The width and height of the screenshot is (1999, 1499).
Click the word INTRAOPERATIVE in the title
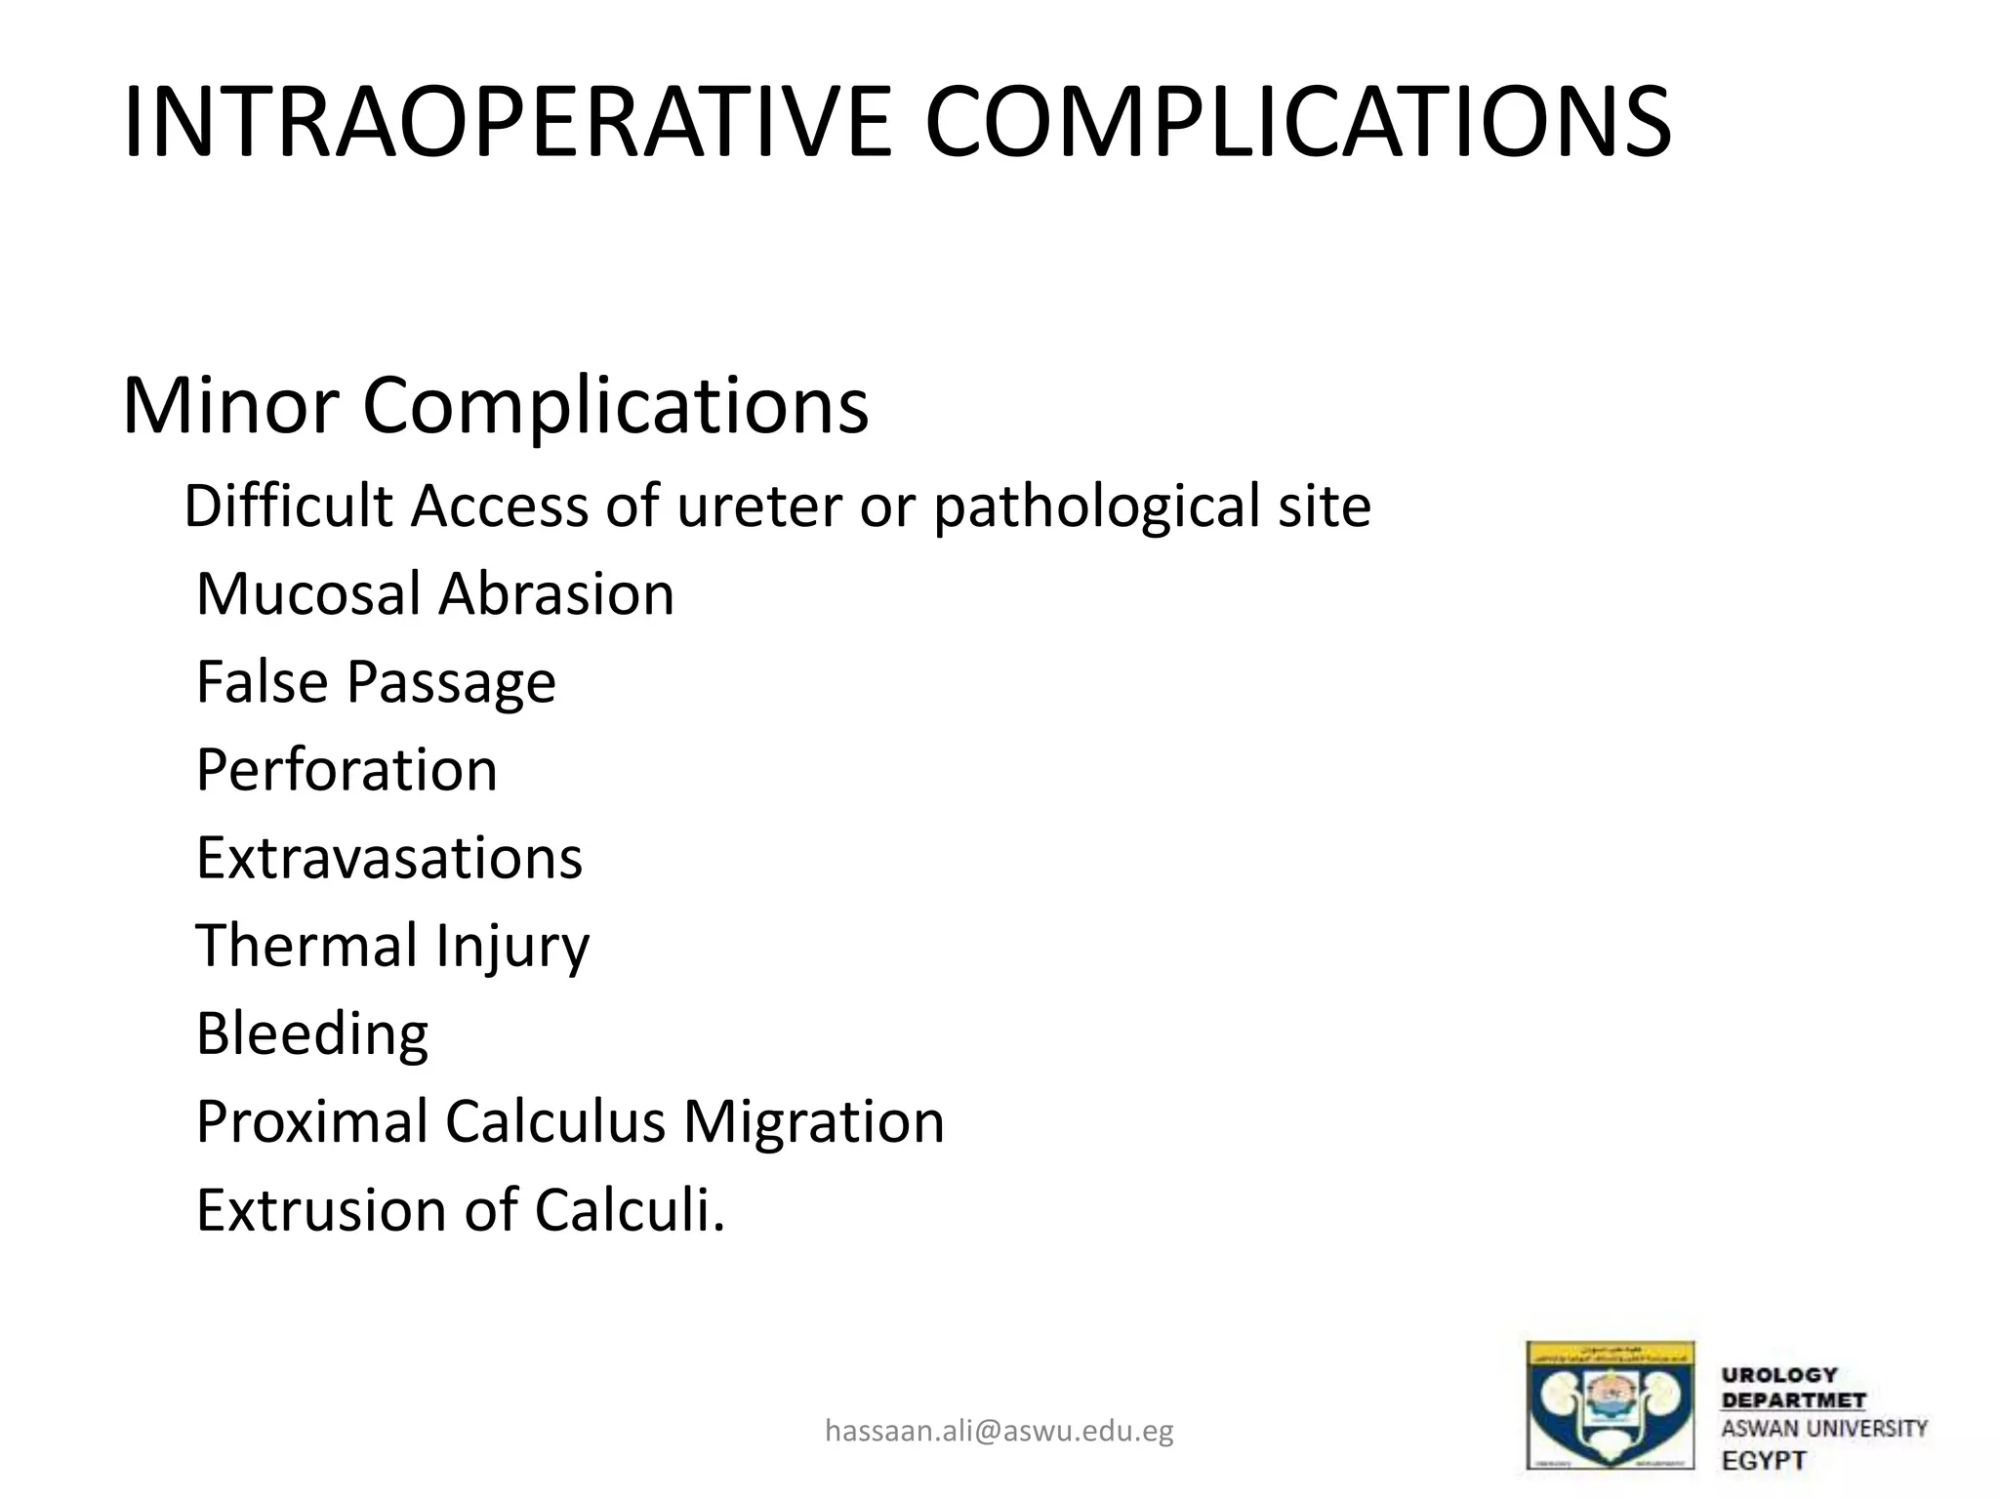(508, 123)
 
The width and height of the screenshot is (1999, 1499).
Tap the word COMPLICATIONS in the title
(1298, 123)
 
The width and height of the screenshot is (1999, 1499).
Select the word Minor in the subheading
(230, 405)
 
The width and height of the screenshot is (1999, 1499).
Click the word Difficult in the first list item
(289, 507)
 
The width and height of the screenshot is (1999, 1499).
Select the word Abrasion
(556, 594)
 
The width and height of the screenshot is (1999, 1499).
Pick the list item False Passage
(376, 682)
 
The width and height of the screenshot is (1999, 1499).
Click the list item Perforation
(347, 770)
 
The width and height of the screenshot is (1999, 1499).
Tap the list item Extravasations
(389, 858)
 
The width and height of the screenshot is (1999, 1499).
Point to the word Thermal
(306, 946)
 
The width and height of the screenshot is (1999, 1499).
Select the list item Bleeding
(312, 1033)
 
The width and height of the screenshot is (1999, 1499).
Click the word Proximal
(311, 1121)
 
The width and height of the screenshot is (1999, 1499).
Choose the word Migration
(813, 1121)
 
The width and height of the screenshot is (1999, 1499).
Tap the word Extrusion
(322, 1210)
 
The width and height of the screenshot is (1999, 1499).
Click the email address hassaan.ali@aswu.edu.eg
(999, 1431)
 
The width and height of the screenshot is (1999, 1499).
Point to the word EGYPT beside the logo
(1764, 1461)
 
